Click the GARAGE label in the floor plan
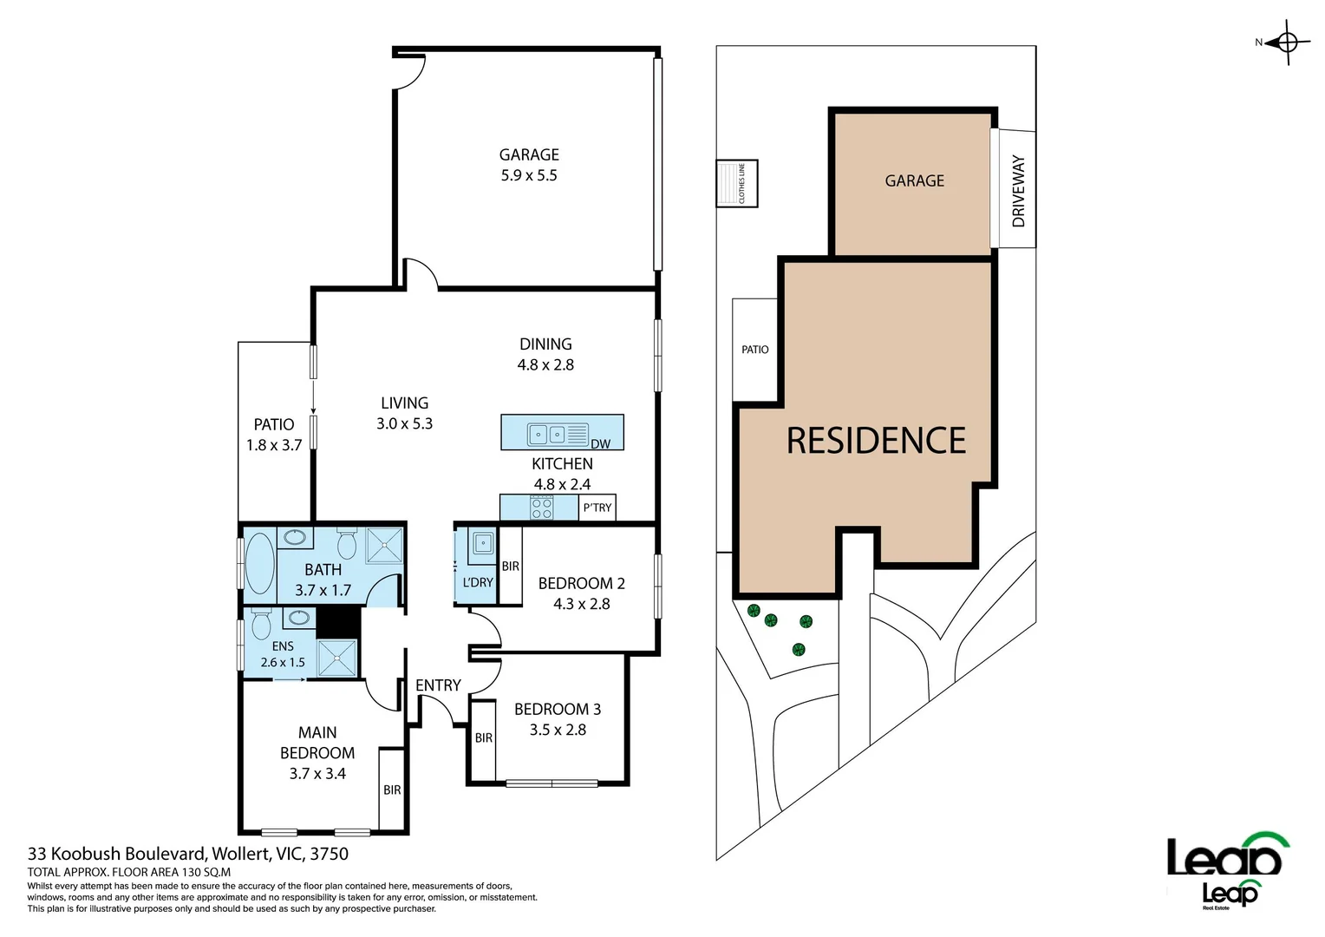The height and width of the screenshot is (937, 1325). click(528, 155)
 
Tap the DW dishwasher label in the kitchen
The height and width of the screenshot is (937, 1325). click(600, 443)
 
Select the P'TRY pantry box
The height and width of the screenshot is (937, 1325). click(597, 508)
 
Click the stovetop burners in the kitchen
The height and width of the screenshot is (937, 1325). click(542, 508)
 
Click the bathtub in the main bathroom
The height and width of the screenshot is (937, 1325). click(259, 562)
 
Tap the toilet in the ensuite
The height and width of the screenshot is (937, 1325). click(261, 624)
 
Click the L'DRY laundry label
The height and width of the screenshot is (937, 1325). click(477, 582)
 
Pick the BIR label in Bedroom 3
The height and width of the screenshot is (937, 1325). click(483, 737)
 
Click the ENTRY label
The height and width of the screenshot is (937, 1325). click(438, 685)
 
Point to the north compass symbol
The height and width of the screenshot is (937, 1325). click(1287, 43)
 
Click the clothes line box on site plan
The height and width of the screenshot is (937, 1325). click(737, 183)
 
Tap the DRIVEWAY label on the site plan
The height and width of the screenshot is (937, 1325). click(1018, 191)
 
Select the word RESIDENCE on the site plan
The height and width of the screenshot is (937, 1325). click(876, 441)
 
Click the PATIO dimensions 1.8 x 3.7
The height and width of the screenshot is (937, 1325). click(274, 445)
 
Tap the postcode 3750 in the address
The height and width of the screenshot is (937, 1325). click(329, 854)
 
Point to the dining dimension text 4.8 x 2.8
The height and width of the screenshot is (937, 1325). click(545, 365)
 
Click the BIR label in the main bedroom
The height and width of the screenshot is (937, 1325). click(392, 790)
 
